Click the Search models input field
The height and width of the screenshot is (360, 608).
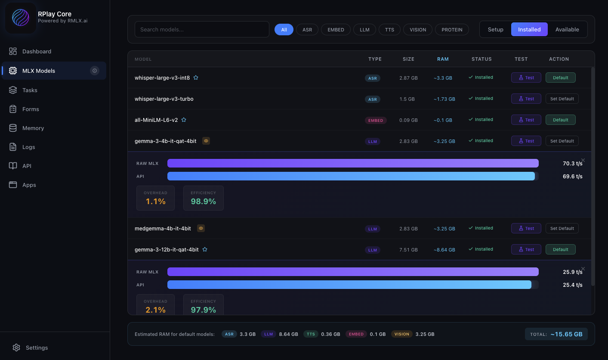coord(202,29)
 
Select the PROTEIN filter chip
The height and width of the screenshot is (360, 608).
coord(452,30)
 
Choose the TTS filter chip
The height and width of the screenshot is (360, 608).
coord(389,30)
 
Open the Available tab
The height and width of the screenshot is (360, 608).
coord(567,29)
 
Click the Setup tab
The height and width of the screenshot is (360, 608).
coord(495,29)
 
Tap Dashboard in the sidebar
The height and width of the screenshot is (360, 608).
coord(37,51)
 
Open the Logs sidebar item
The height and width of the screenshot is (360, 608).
coord(28,147)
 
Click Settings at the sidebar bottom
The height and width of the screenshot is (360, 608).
coord(37,348)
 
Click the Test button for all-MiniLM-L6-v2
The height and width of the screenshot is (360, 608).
coord(526,120)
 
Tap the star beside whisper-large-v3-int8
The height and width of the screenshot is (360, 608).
coord(196,78)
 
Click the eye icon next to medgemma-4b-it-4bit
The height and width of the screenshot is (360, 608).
coord(201,228)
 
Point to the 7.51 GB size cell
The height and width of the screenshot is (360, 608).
coord(408,249)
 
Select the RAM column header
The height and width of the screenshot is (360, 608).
coord(443,59)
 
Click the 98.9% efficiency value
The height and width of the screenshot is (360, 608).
coord(203,201)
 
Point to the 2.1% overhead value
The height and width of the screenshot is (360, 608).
coord(155,310)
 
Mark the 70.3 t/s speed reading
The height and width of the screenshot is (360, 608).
coord(572,163)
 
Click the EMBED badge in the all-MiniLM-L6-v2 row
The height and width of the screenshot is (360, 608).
coord(375,121)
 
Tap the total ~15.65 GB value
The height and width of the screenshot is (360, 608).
coord(566,334)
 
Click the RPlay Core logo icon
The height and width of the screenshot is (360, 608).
coord(21,18)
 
